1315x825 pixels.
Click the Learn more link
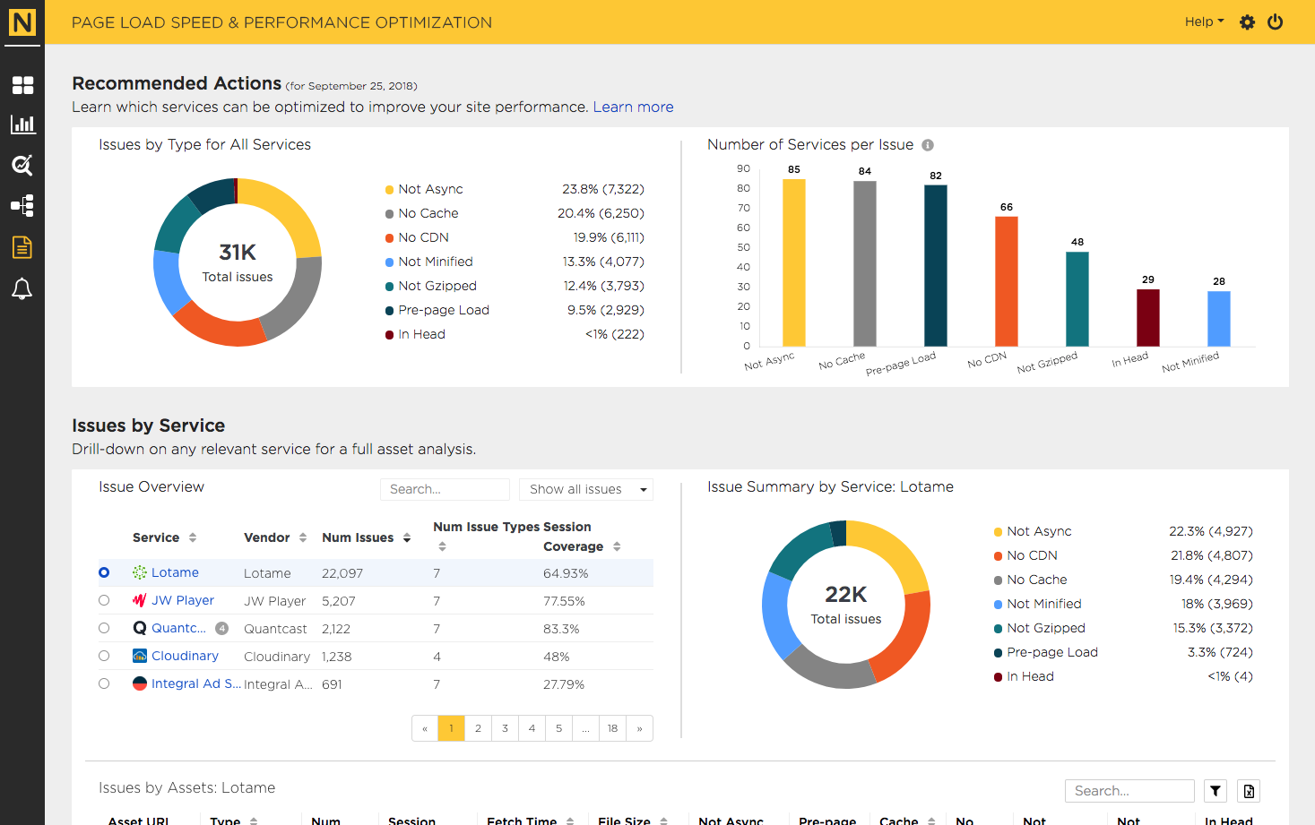633,107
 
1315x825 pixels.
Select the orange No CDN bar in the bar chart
1007,281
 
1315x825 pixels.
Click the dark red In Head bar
1147,317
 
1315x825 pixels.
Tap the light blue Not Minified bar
1219,319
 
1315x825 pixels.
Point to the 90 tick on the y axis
743,169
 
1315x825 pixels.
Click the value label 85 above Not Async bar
793,169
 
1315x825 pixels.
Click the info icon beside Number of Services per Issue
928,145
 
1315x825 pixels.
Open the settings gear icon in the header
1247,22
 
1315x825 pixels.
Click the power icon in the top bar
1275,22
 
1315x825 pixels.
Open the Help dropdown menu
1204,21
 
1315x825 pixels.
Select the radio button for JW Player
104,600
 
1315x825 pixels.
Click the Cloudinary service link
185,656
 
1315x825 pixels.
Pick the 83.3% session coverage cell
561,629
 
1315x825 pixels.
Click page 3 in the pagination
505,728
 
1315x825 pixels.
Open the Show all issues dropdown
586,489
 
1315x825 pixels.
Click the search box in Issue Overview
445,489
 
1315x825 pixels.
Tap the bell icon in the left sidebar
22,288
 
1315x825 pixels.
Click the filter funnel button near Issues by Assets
1216,791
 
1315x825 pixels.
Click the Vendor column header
267,537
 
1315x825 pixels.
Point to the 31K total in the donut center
238,253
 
